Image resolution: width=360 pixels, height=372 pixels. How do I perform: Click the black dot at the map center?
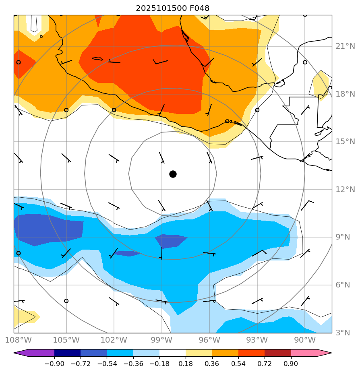click(173, 174)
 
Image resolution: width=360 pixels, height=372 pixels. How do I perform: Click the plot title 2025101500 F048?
click(172, 8)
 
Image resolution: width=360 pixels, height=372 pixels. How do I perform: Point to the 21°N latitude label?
click(345, 46)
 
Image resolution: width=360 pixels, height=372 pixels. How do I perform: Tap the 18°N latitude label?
click(345, 94)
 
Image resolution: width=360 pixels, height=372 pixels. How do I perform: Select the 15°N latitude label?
click(345, 142)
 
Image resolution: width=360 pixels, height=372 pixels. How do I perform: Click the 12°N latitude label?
click(345, 189)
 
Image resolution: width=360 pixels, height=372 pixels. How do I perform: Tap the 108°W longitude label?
click(19, 341)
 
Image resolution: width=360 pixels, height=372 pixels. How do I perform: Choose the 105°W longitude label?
click(66, 341)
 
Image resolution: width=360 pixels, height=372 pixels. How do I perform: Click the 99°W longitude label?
click(161, 341)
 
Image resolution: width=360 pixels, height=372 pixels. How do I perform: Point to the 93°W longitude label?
click(257, 341)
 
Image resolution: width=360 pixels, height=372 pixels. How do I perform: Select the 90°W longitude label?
click(305, 341)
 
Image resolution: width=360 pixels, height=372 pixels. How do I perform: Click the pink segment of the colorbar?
click(304, 353)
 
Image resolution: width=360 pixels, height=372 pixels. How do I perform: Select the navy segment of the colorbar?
click(68, 353)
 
